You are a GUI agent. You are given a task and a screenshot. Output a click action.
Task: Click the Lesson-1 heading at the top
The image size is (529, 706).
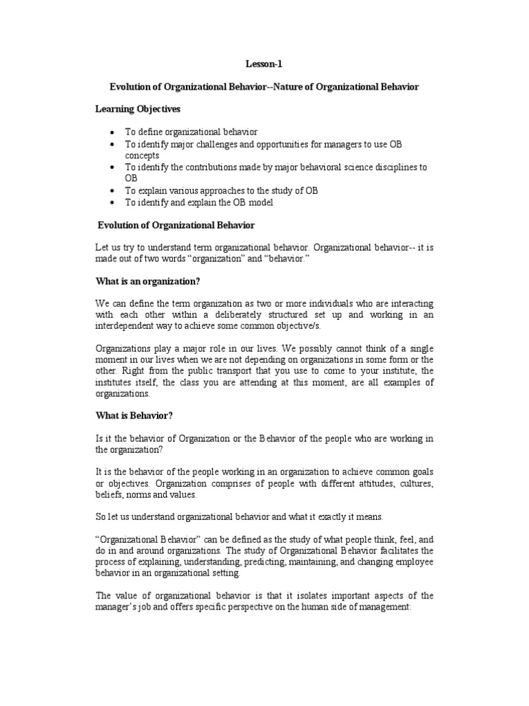[264, 64]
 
